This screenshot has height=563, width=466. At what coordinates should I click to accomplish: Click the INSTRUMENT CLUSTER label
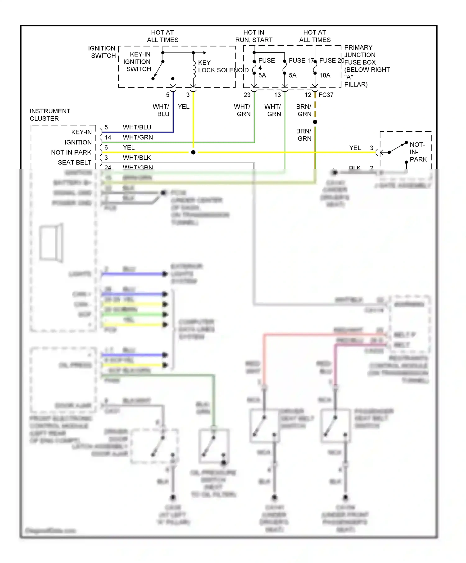(x=50, y=115)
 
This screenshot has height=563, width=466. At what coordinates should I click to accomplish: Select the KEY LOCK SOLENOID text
(x=223, y=66)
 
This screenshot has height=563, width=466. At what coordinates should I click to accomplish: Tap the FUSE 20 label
(x=331, y=61)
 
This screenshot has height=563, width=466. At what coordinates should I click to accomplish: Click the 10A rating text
(x=325, y=75)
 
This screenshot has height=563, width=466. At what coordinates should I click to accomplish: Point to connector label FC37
(x=326, y=95)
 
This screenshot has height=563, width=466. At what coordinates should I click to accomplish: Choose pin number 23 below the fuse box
(x=247, y=95)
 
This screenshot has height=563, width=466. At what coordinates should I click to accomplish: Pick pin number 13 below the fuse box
(x=277, y=95)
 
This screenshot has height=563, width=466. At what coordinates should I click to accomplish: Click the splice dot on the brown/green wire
(x=315, y=122)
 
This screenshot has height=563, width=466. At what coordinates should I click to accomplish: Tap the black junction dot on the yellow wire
(x=193, y=152)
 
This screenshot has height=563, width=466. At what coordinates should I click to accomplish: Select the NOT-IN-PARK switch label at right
(x=418, y=152)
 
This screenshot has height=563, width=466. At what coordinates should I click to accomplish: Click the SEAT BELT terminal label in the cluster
(x=75, y=163)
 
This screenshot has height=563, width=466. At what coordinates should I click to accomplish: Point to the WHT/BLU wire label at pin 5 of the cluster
(x=137, y=127)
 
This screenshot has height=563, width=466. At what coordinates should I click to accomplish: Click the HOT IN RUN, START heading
(x=254, y=36)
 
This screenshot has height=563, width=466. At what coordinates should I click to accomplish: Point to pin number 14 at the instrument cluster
(x=108, y=137)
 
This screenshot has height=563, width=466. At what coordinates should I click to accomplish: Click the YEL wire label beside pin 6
(x=129, y=147)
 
